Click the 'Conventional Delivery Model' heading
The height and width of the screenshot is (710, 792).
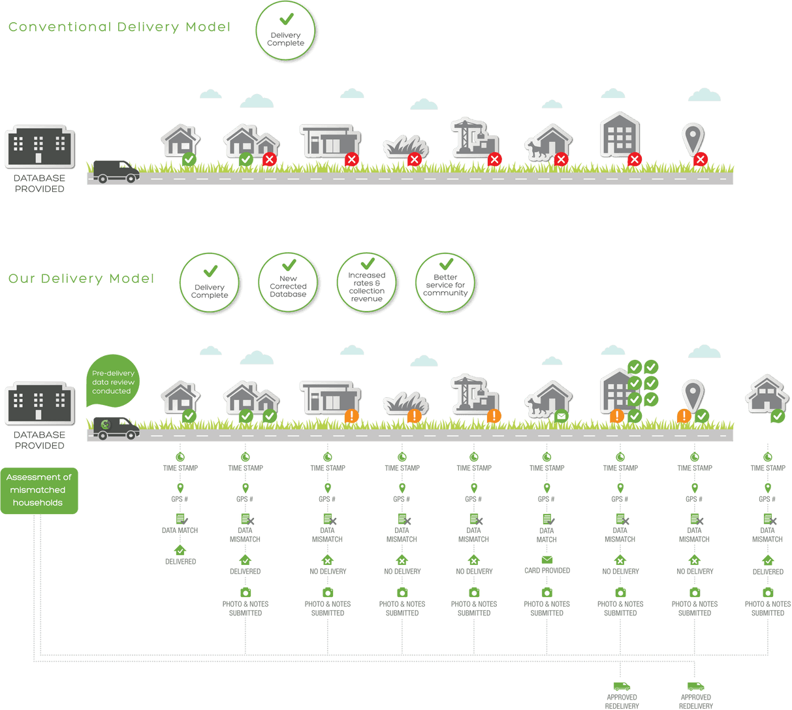pos(119,27)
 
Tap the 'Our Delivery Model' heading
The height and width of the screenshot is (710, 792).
pos(82,278)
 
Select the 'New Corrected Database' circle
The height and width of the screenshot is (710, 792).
pos(288,282)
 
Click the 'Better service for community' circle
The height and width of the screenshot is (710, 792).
pos(445,282)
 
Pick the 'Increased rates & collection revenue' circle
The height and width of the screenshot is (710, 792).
pos(367,282)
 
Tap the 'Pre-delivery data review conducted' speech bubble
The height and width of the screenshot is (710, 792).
pos(112,381)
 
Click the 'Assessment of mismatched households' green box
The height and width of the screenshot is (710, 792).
pos(39,491)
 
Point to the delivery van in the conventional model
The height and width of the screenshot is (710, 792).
pos(116,172)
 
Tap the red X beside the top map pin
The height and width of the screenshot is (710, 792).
pos(700,159)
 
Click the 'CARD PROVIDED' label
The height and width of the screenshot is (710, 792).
pos(547,570)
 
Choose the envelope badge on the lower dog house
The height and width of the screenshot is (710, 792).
pos(561,416)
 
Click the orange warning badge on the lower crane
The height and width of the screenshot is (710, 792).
pos(494,416)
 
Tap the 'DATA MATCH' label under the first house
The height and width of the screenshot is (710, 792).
pos(180,530)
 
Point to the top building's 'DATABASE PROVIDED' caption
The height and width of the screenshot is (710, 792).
pos(39,184)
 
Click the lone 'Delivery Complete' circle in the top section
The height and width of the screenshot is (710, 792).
pos(285,31)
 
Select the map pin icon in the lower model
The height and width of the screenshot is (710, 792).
pos(693,395)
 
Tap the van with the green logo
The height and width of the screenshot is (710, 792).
pos(116,428)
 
